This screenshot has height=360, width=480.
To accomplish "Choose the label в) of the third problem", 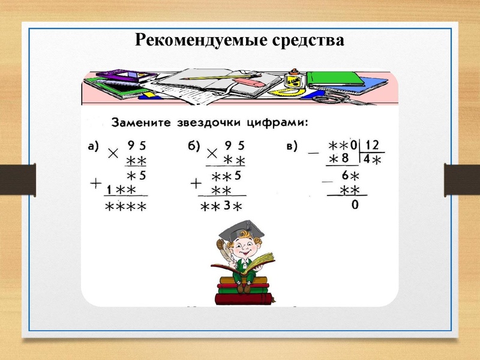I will tap(292, 146).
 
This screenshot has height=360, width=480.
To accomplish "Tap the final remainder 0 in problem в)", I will tap(355, 205).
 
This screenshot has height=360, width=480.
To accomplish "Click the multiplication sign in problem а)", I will tap(112, 154).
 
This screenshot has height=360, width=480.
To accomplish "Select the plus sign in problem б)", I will tap(196, 182).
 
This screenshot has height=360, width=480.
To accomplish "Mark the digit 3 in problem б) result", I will tap(227, 206).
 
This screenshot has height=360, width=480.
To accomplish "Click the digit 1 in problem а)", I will tap(110, 190).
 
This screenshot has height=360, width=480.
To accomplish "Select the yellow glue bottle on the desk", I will tap(293, 80).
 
